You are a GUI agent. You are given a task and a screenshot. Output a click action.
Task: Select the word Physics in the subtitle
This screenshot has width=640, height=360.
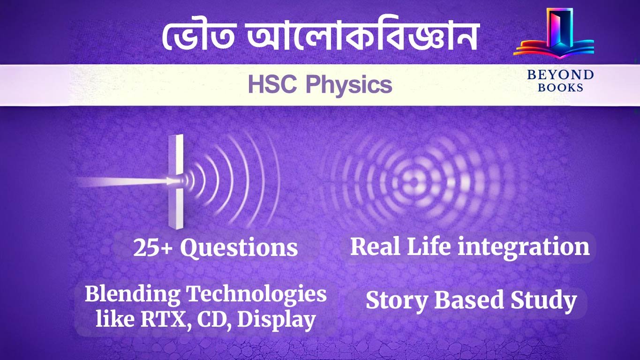[x=349, y=85]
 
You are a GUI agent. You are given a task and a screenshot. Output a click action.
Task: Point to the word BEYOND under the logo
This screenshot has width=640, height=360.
[x=560, y=75]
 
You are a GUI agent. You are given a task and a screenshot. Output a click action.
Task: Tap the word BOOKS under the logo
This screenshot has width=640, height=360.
[x=560, y=87]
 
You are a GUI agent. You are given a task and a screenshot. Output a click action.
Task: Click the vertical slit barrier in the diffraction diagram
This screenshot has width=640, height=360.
[x=176, y=180]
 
